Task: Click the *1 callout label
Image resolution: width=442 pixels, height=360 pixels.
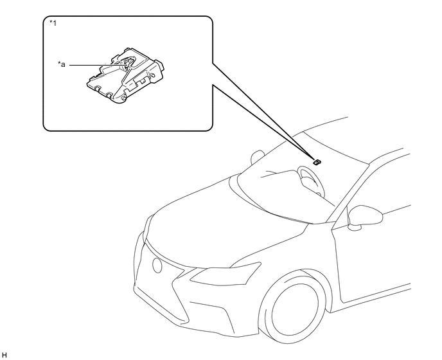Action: click(x=53, y=23)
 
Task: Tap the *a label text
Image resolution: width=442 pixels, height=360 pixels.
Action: click(x=62, y=65)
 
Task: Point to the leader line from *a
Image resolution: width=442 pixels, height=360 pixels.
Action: click(x=98, y=65)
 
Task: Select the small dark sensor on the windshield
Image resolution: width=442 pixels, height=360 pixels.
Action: click(x=317, y=162)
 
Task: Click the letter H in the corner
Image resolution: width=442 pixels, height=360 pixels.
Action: click(x=4, y=355)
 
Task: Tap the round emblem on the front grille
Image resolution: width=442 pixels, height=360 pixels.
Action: click(x=157, y=265)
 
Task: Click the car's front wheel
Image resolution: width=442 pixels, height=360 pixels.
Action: click(x=293, y=307)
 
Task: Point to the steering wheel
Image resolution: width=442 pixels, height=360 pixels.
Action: click(x=312, y=181)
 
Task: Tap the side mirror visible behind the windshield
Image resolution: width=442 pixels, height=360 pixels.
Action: click(x=256, y=157)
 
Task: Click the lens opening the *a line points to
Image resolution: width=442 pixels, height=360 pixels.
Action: click(x=128, y=62)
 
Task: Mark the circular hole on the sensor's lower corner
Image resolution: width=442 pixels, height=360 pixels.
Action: click(x=123, y=98)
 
